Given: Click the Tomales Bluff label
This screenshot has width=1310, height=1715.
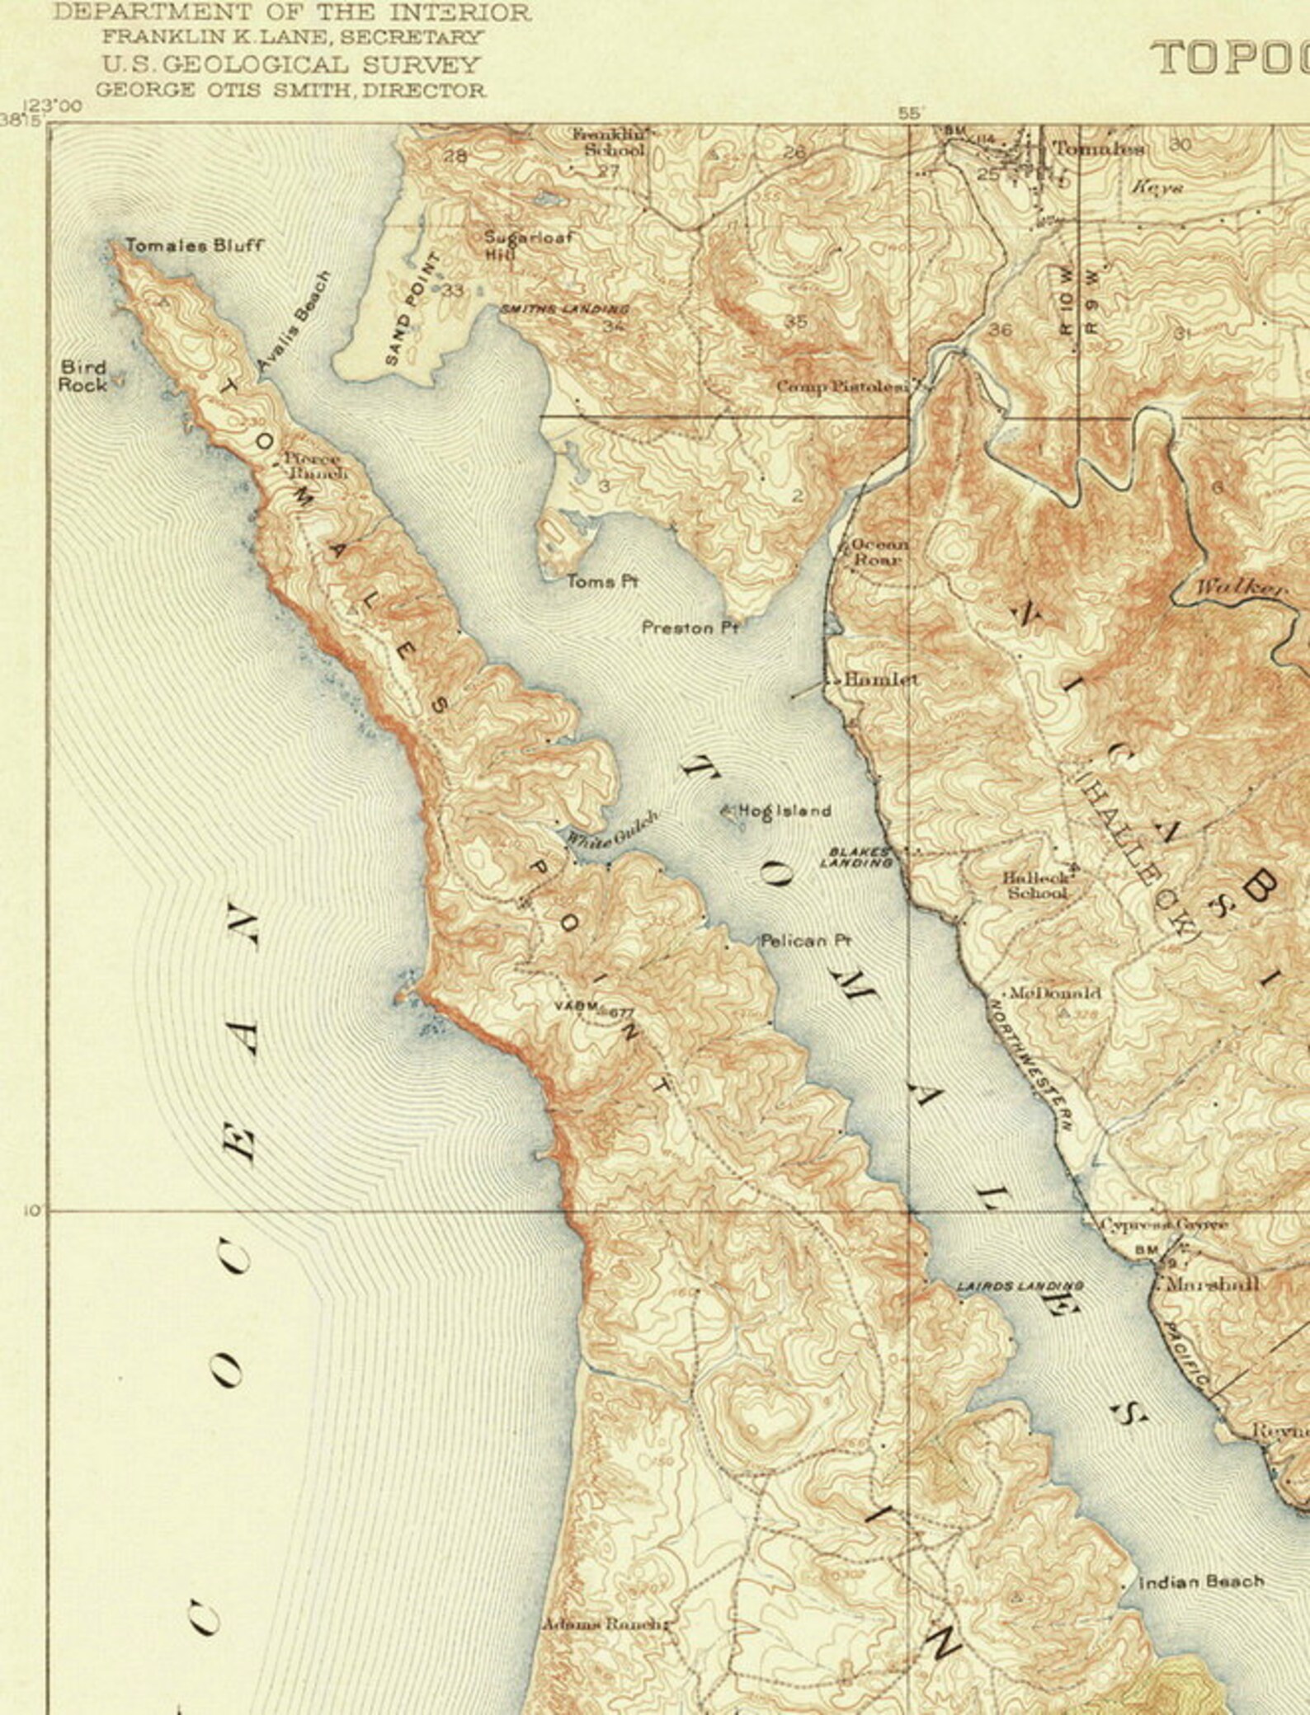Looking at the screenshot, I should (x=194, y=245).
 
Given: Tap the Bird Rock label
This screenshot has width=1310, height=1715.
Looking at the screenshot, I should (x=83, y=376).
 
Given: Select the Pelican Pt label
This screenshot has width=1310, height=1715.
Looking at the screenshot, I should (x=806, y=940).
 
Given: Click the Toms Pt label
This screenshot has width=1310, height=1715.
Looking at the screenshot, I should (x=602, y=582).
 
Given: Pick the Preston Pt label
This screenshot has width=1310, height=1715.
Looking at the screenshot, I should (x=690, y=628).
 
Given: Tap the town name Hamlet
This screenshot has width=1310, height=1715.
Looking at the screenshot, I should (x=881, y=680).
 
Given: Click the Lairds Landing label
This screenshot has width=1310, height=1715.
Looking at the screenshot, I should (x=1020, y=1286).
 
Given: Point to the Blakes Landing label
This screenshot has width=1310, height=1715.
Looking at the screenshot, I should (x=858, y=858).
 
